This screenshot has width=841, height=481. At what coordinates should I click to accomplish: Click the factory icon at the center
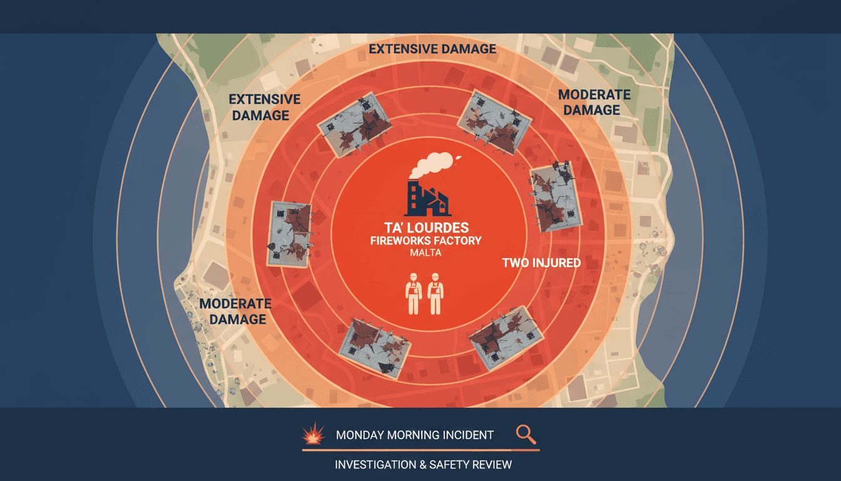point(427,198)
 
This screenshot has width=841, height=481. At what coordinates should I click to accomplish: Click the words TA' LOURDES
point(427,228)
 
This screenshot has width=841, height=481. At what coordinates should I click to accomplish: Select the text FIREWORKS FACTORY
point(426,240)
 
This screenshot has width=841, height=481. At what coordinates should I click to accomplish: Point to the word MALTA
point(426,252)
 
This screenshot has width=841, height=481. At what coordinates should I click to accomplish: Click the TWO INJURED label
point(541,262)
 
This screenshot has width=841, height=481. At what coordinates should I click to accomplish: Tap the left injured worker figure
point(414,294)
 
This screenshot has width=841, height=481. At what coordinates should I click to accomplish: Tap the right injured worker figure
point(436,294)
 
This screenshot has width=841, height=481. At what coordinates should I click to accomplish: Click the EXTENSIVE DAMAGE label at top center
point(432,49)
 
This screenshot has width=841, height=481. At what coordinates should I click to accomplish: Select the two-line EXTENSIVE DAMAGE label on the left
point(264,107)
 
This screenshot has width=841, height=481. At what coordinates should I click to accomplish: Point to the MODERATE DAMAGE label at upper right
point(594,102)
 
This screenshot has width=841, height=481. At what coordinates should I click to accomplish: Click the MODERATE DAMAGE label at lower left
point(235,311)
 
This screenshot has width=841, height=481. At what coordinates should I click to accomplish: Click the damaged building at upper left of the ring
point(354,125)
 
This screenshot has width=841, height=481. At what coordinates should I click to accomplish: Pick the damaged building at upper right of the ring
point(494,122)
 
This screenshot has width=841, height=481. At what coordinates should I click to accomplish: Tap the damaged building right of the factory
point(556,197)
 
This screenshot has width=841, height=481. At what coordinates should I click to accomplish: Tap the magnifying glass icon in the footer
point(526,435)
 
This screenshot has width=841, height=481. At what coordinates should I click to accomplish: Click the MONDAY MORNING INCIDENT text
point(414,435)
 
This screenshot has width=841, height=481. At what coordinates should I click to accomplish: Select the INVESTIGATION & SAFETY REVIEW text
point(423,465)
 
